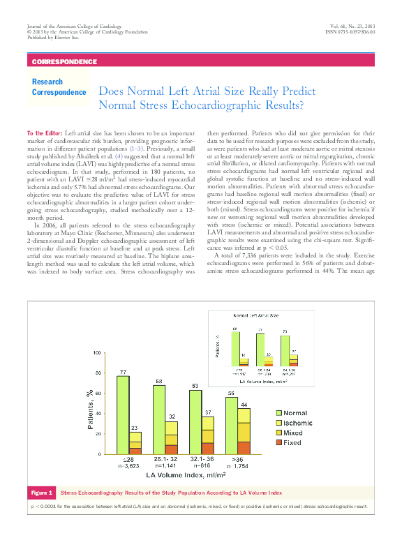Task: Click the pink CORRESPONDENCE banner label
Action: (x=65, y=62)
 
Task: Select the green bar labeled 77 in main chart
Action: (x=123, y=414)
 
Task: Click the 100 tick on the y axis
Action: (x=96, y=353)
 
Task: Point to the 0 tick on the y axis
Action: (x=100, y=454)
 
